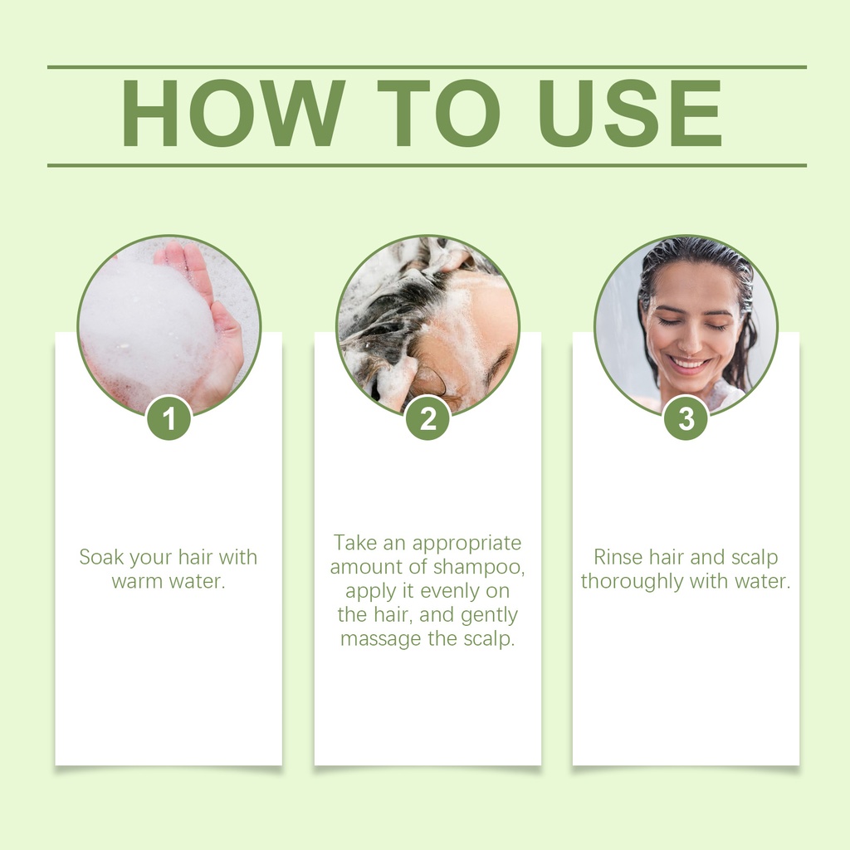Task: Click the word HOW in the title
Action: click(x=233, y=113)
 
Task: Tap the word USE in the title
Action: click(x=630, y=113)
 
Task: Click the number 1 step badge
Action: click(x=169, y=418)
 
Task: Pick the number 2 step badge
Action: click(x=427, y=418)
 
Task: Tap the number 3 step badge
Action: click(x=686, y=418)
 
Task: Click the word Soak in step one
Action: click(x=101, y=557)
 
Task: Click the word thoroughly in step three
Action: click(x=632, y=582)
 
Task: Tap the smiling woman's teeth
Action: click(x=689, y=362)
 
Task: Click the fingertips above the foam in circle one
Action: click(x=184, y=255)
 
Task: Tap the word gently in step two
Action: click(x=490, y=615)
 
